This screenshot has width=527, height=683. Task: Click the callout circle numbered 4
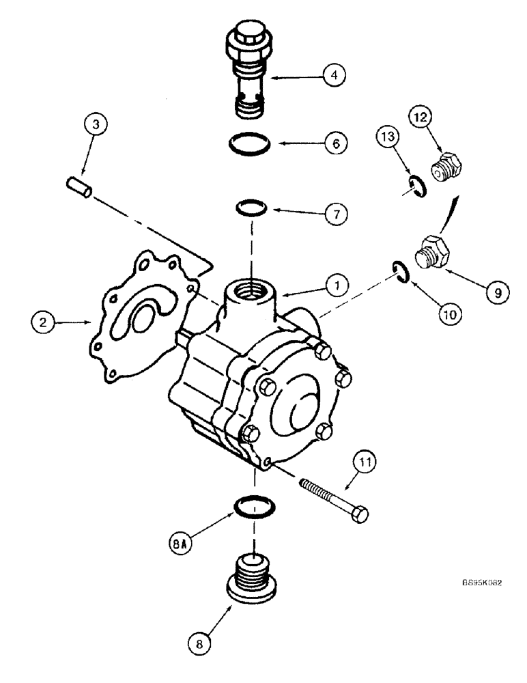tap(334, 74)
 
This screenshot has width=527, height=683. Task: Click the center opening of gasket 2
tap(141, 317)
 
